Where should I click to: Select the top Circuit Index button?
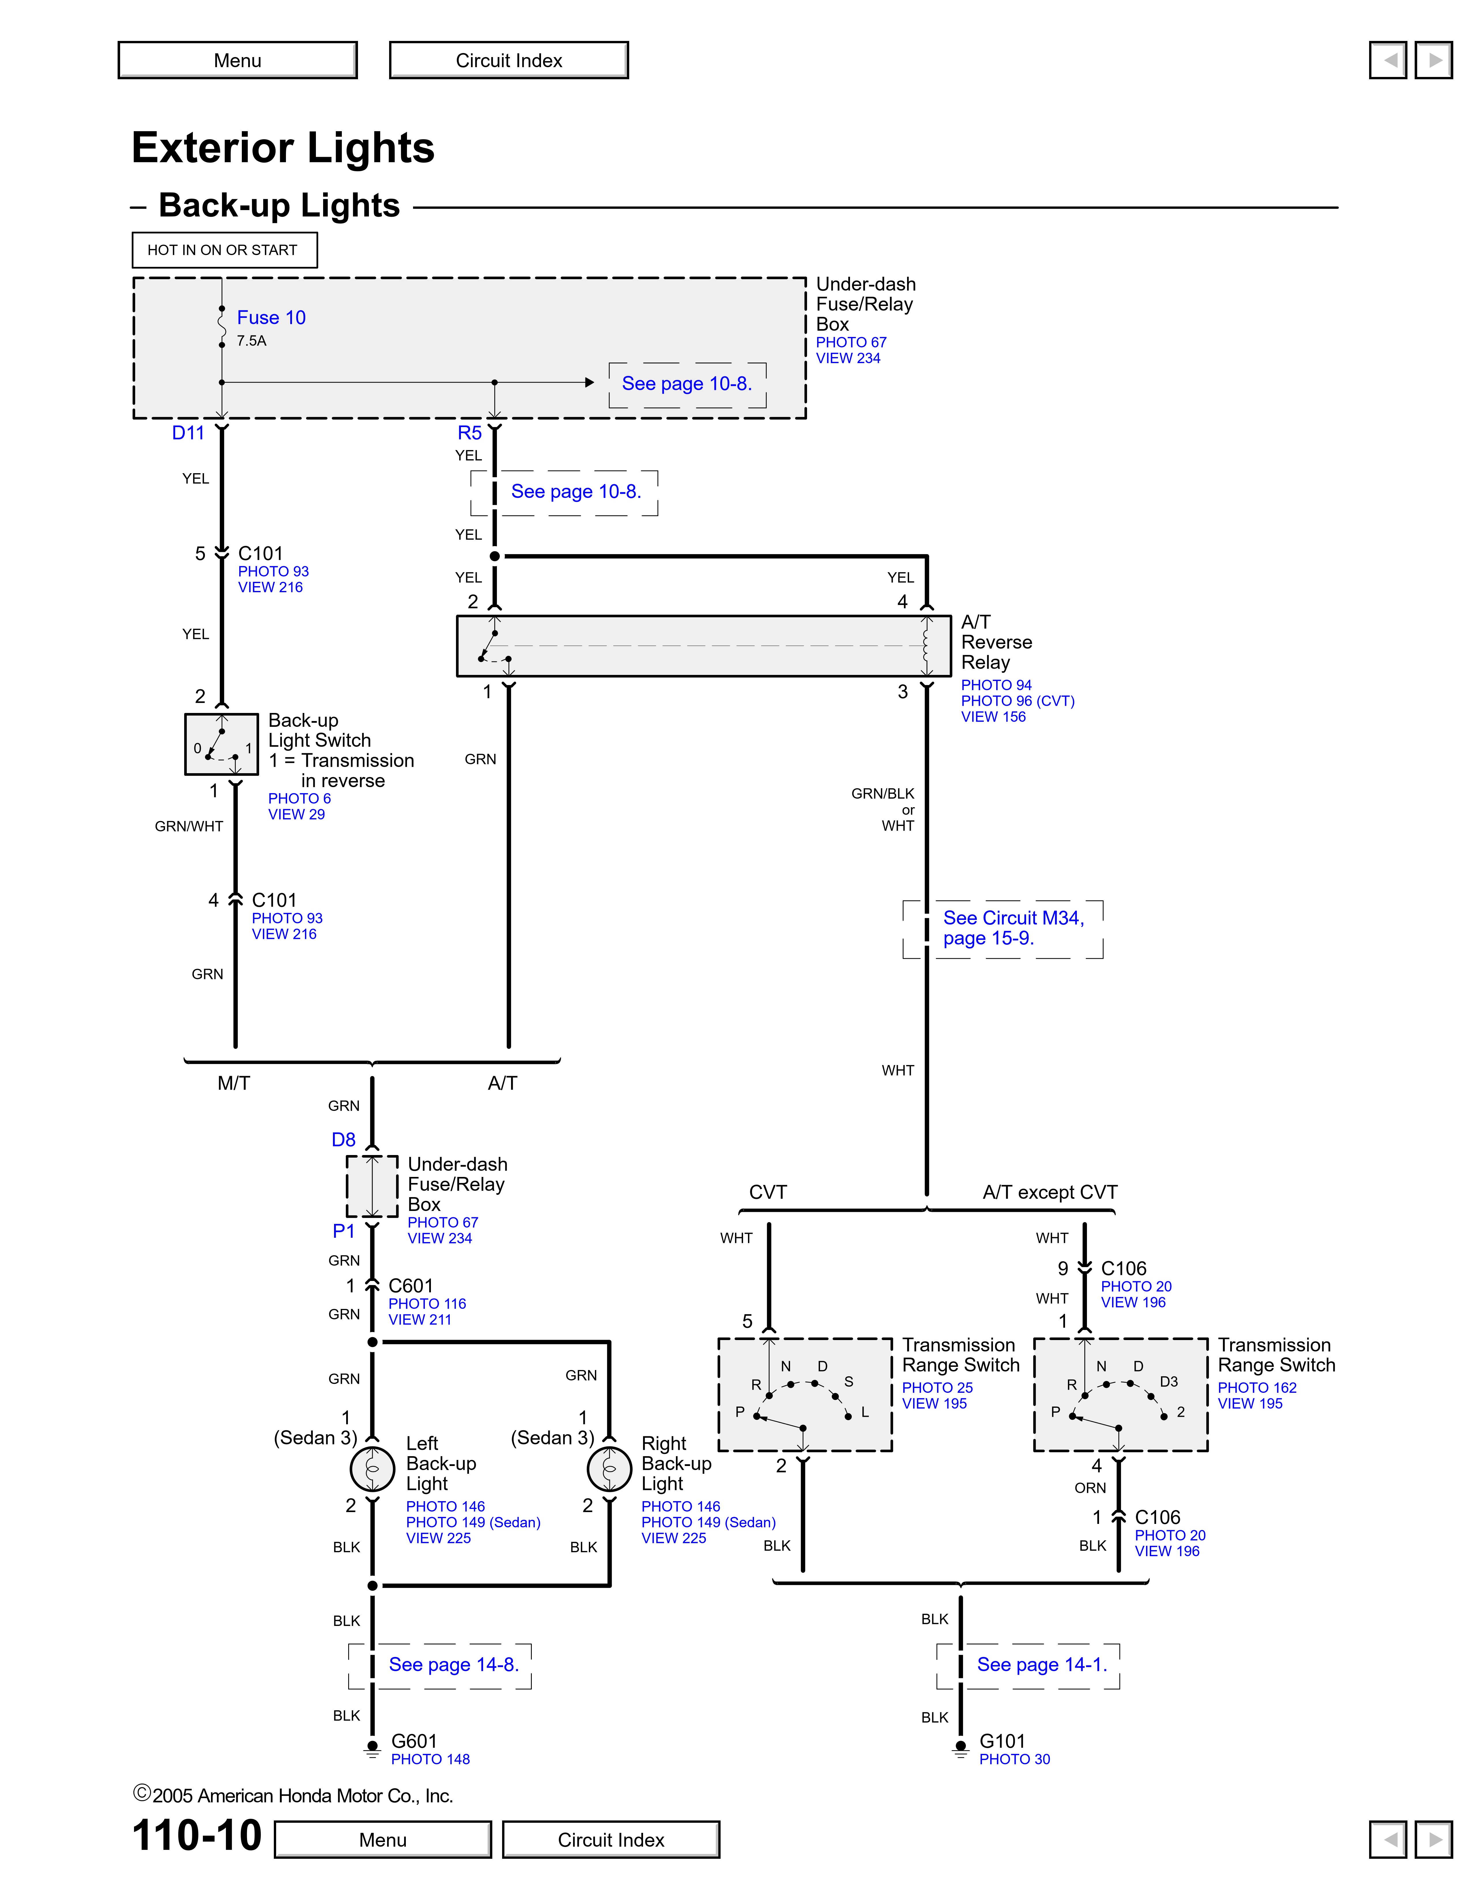click(508, 60)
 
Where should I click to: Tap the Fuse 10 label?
click(271, 318)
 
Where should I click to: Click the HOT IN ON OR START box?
click(224, 250)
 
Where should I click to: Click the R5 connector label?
click(469, 433)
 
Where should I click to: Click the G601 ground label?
click(414, 1741)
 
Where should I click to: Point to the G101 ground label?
click(1002, 1741)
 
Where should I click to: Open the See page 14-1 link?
click(1042, 1664)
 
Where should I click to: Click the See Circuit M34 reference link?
click(1013, 927)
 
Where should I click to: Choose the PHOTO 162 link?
click(1257, 1387)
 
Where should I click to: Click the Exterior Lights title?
click(283, 147)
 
